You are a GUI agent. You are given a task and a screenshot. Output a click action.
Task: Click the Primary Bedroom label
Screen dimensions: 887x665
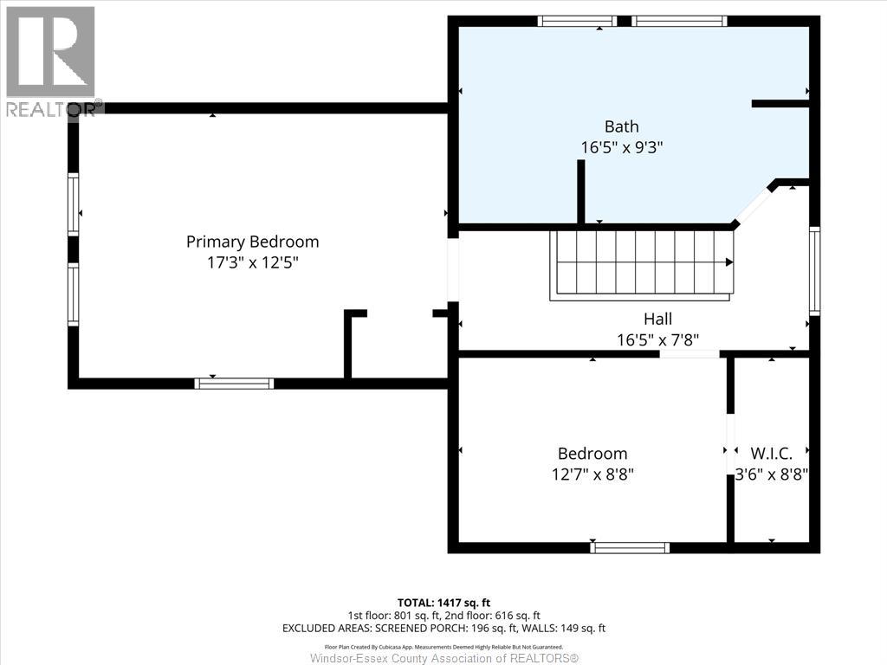[x=252, y=242]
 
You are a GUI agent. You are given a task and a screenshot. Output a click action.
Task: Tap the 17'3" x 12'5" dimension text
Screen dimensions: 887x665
[x=252, y=263]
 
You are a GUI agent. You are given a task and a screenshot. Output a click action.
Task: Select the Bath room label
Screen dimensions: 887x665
[x=622, y=126]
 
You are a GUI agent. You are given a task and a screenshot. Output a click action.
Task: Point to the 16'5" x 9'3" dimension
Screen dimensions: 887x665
[x=622, y=147]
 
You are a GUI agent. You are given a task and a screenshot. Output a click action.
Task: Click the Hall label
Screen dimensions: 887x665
[x=658, y=319]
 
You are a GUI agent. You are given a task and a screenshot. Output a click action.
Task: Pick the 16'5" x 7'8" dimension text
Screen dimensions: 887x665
[x=658, y=339]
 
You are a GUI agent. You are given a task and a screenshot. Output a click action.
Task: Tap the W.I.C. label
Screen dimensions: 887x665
[x=771, y=454]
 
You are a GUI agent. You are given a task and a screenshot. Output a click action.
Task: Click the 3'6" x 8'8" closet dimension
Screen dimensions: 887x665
[x=771, y=475]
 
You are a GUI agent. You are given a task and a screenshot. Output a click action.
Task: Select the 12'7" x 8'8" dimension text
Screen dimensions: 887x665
[x=592, y=475]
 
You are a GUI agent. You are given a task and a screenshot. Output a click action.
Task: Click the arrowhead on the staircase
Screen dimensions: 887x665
[x=729, y=262]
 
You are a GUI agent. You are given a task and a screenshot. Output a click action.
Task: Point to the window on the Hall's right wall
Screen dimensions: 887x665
[x=814, y=271]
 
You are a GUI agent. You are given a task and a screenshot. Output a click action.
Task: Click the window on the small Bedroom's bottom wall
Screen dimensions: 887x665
[x=630, y=547]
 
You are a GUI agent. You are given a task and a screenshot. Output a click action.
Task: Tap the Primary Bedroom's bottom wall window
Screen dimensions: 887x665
[x=234, y=384]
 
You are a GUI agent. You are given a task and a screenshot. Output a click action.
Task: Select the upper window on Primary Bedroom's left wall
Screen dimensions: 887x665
[x=73, y=204]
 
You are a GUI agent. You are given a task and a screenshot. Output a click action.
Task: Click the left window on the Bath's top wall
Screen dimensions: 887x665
[x=577, y=21]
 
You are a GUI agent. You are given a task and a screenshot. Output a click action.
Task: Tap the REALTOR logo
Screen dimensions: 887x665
[x=51, y=61]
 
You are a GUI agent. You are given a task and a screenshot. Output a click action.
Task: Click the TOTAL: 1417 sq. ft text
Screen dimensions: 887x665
[x=443, y=603]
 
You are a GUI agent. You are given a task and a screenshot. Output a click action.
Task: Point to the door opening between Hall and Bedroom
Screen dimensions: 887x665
[x=690, y=354]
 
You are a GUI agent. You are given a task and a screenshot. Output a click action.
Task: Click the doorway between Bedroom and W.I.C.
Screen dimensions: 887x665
[x=730, y=444]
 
